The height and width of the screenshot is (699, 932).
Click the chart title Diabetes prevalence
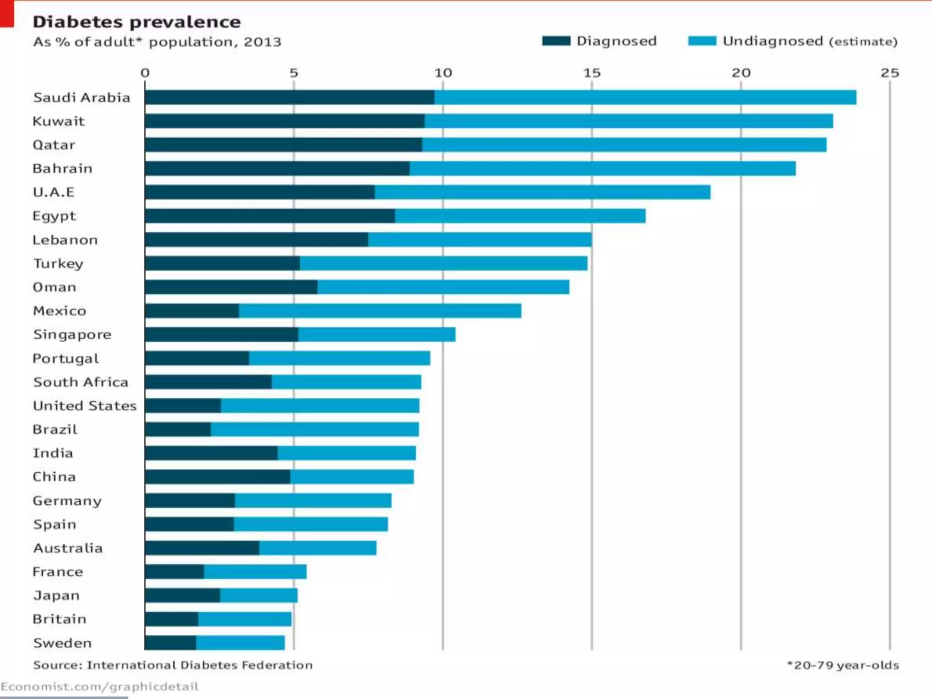click(137, 22)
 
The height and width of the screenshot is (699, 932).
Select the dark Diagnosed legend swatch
click(556, 41)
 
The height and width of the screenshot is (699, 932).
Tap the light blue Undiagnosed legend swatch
click(702, 41)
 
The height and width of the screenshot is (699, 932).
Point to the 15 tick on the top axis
click(592, 73)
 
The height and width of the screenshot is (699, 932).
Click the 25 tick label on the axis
click(890, 73)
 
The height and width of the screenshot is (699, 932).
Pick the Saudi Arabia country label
click(81, 97)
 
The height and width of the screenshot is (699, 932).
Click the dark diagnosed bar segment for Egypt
click(269, 216)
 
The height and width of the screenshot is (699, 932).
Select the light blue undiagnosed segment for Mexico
click(380, 311)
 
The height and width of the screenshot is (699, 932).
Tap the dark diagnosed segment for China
click(217, 476)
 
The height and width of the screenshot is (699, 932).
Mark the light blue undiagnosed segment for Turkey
click(444, 263)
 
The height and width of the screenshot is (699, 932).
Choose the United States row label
click(85, 405)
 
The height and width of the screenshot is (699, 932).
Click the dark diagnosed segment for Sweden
click(170, 643)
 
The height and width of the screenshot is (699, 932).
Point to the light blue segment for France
click(255, 572)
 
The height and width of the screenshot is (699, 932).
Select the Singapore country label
click(72, 334)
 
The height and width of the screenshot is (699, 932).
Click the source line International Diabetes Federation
click(172, 665)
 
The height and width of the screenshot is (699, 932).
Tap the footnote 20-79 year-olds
click(843, 665)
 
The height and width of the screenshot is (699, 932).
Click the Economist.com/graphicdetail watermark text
click(99, 686)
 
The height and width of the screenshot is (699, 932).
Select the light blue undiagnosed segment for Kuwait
click(628, 121)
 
